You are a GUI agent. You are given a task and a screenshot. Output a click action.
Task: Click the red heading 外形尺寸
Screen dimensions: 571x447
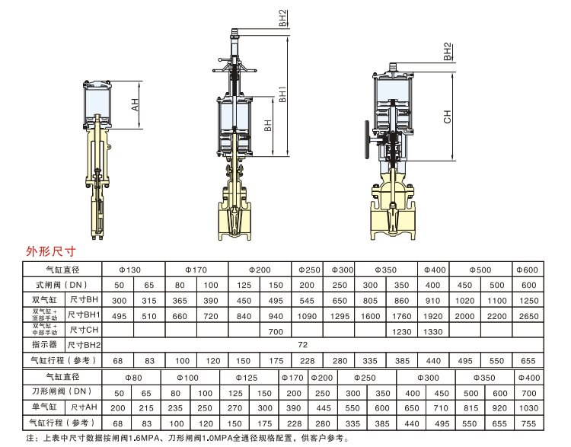click(50, 251)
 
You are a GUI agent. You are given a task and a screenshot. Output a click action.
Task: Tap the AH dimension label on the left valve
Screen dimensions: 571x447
click(135, 105)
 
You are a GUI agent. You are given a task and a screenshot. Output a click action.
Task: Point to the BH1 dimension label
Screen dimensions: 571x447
click(282, 94)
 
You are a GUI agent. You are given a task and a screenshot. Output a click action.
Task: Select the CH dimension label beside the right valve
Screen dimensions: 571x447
click(448, 117)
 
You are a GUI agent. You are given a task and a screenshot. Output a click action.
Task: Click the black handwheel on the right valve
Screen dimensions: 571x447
click(367, 139)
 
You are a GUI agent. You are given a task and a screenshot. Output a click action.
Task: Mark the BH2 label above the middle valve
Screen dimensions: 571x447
click(283, 18)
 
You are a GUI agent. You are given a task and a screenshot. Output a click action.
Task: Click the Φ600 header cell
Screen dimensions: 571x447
click(528, 270)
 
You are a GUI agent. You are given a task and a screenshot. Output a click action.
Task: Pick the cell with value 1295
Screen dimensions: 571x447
click(340, 316)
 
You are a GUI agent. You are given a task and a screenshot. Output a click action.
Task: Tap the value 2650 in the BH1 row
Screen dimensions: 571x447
click(529, 316)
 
